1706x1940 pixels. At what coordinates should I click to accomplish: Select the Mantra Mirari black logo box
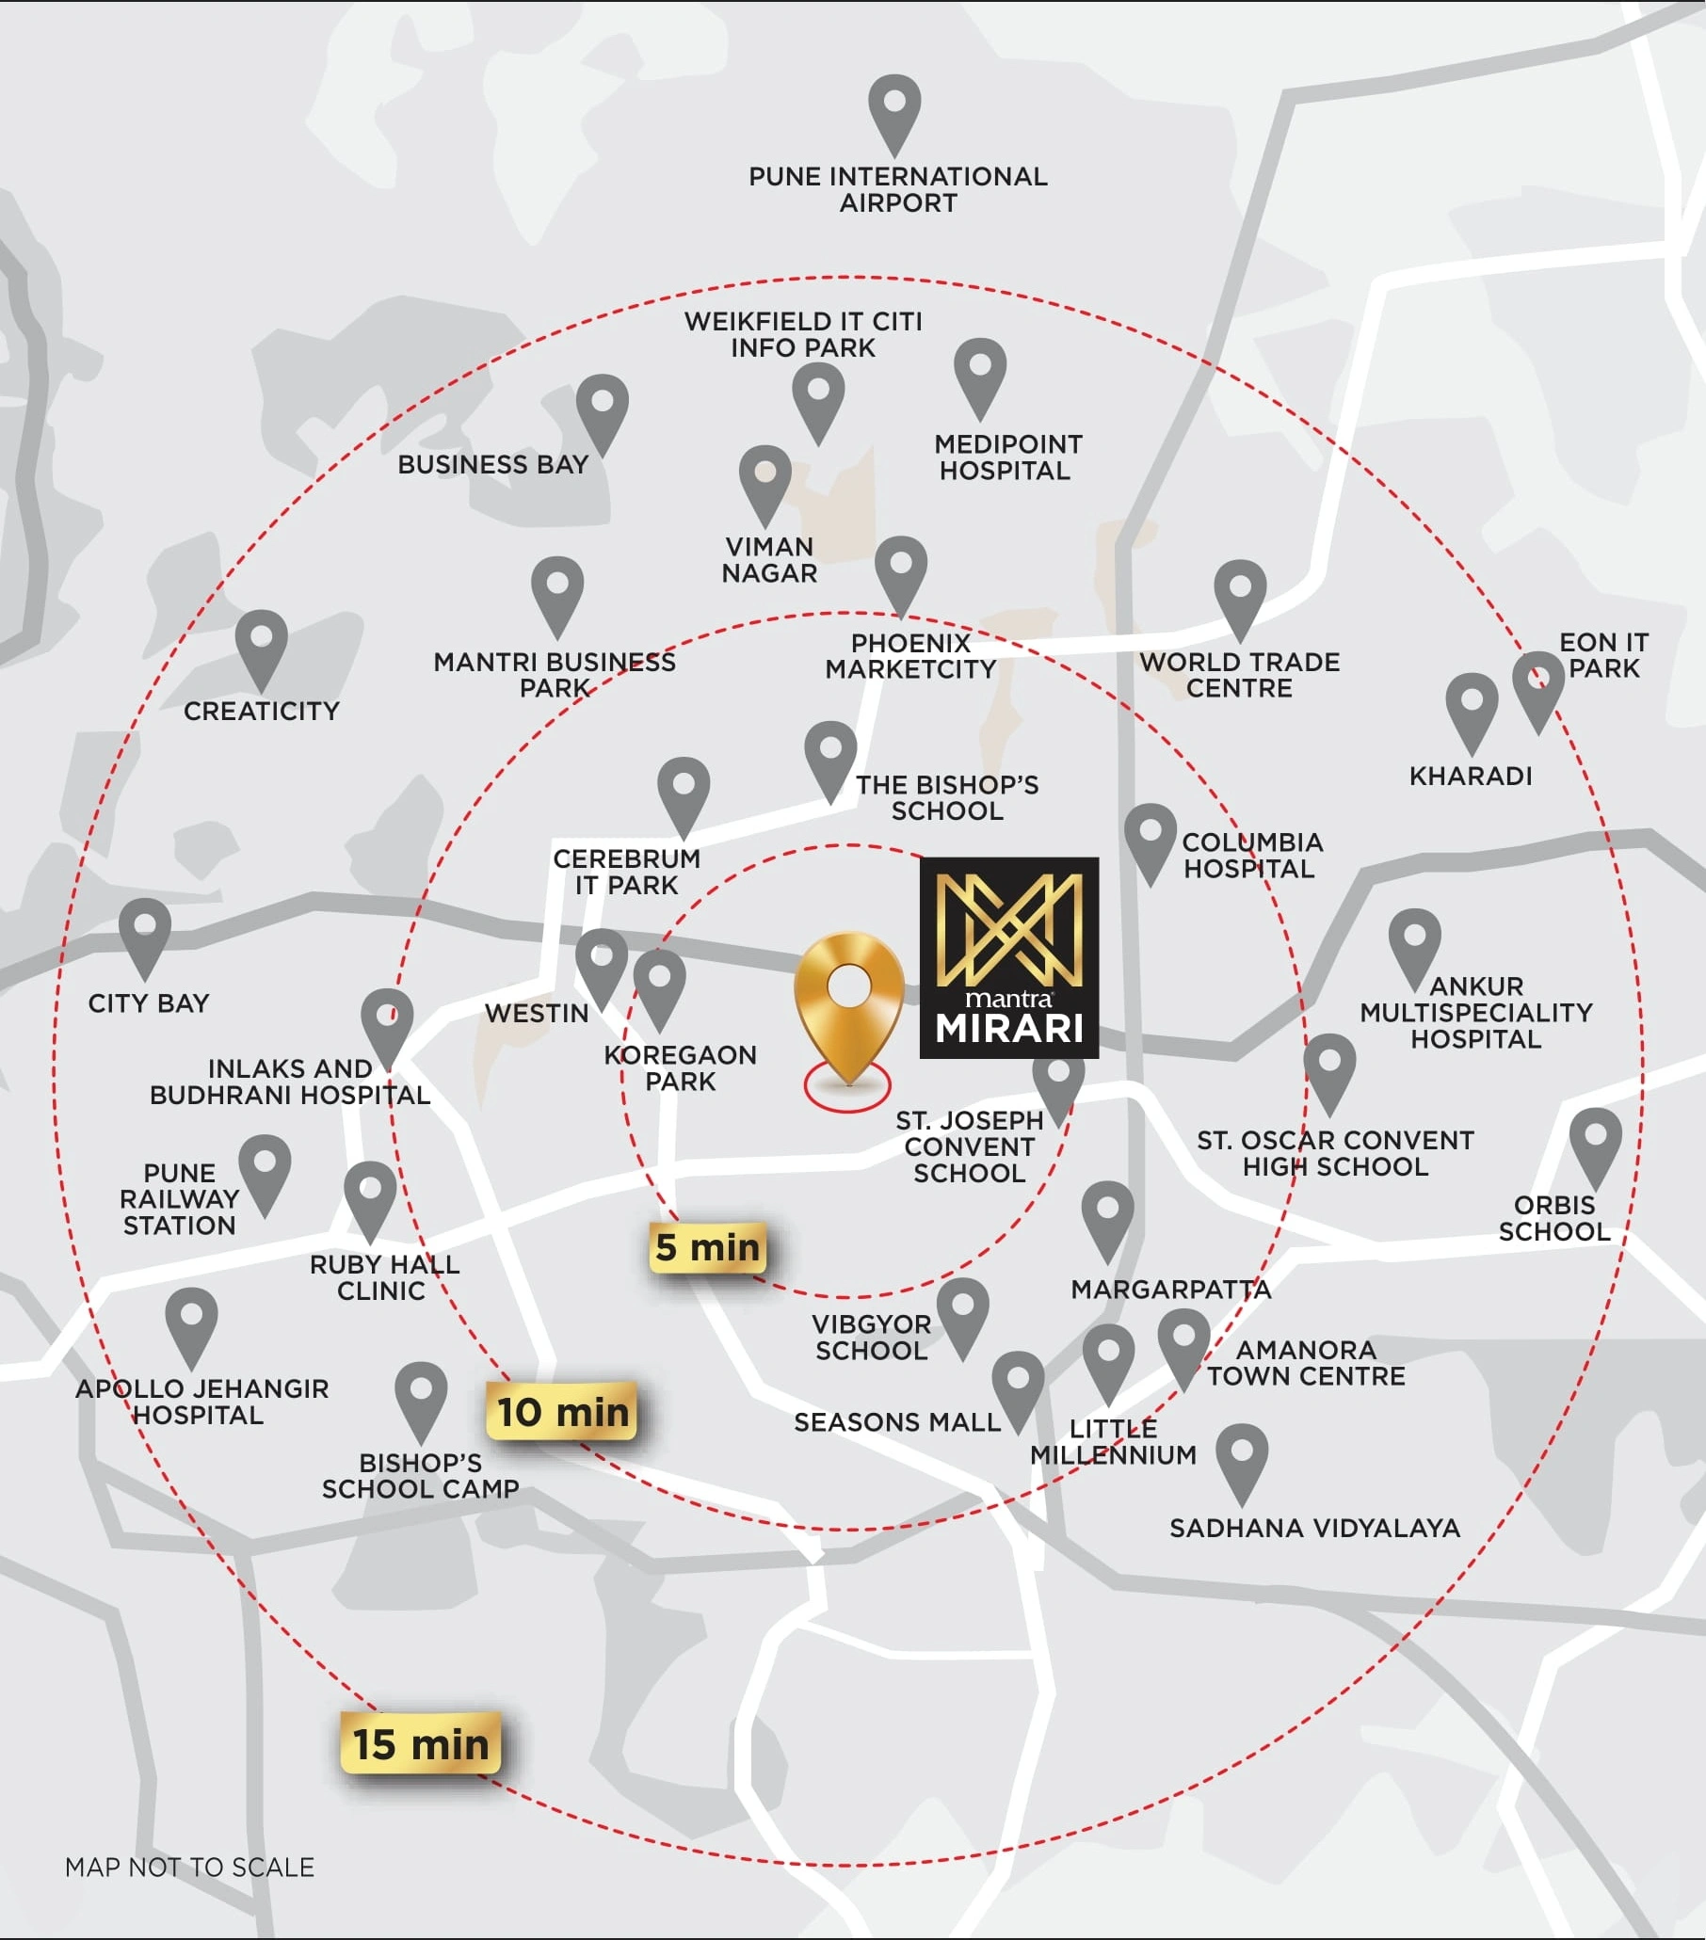pos(1009,957)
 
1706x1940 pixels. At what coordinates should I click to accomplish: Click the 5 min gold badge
pos(708,1247)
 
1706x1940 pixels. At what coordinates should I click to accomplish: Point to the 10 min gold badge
pos(562,1411)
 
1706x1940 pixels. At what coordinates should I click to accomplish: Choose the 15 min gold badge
pos(421,1743)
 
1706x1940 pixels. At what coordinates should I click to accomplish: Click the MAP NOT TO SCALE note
pos(189,1867)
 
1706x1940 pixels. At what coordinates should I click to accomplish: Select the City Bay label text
pos(148,1003)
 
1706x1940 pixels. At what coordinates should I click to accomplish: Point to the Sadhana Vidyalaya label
pos(1314,1527)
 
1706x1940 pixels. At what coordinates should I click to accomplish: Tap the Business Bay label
pos(492,464)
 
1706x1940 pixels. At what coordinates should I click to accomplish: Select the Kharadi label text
pos(1471,776)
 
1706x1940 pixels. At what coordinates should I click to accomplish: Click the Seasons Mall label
pos(897,1421)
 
